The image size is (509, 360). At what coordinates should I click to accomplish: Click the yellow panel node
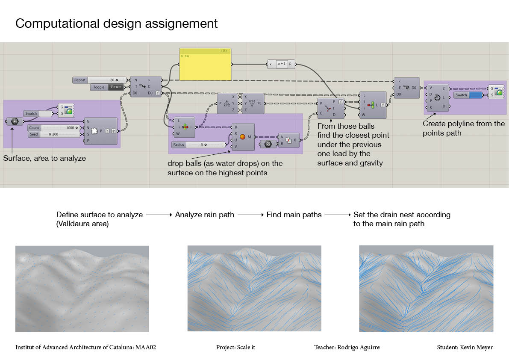206,65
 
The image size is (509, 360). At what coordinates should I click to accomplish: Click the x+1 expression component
281,64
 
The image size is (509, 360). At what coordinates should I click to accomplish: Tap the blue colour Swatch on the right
475,95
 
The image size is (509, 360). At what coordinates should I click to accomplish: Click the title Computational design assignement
116,23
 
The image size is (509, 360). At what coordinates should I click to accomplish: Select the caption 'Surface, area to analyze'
44,158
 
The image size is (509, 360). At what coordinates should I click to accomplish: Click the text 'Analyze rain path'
204,215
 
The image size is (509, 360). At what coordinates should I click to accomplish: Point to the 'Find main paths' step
294,215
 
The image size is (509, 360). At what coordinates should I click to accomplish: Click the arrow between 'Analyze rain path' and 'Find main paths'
250,215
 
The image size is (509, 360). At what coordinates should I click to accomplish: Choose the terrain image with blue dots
82,289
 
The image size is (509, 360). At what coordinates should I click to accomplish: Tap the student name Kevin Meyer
465,347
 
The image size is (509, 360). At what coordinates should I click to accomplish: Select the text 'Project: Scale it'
235,347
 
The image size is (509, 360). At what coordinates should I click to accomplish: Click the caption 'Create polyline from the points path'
464,128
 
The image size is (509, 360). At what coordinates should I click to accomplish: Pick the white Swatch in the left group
45,113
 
